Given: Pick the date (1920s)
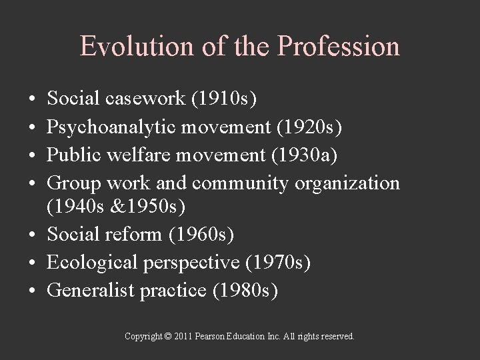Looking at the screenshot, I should (x=305, y=127).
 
